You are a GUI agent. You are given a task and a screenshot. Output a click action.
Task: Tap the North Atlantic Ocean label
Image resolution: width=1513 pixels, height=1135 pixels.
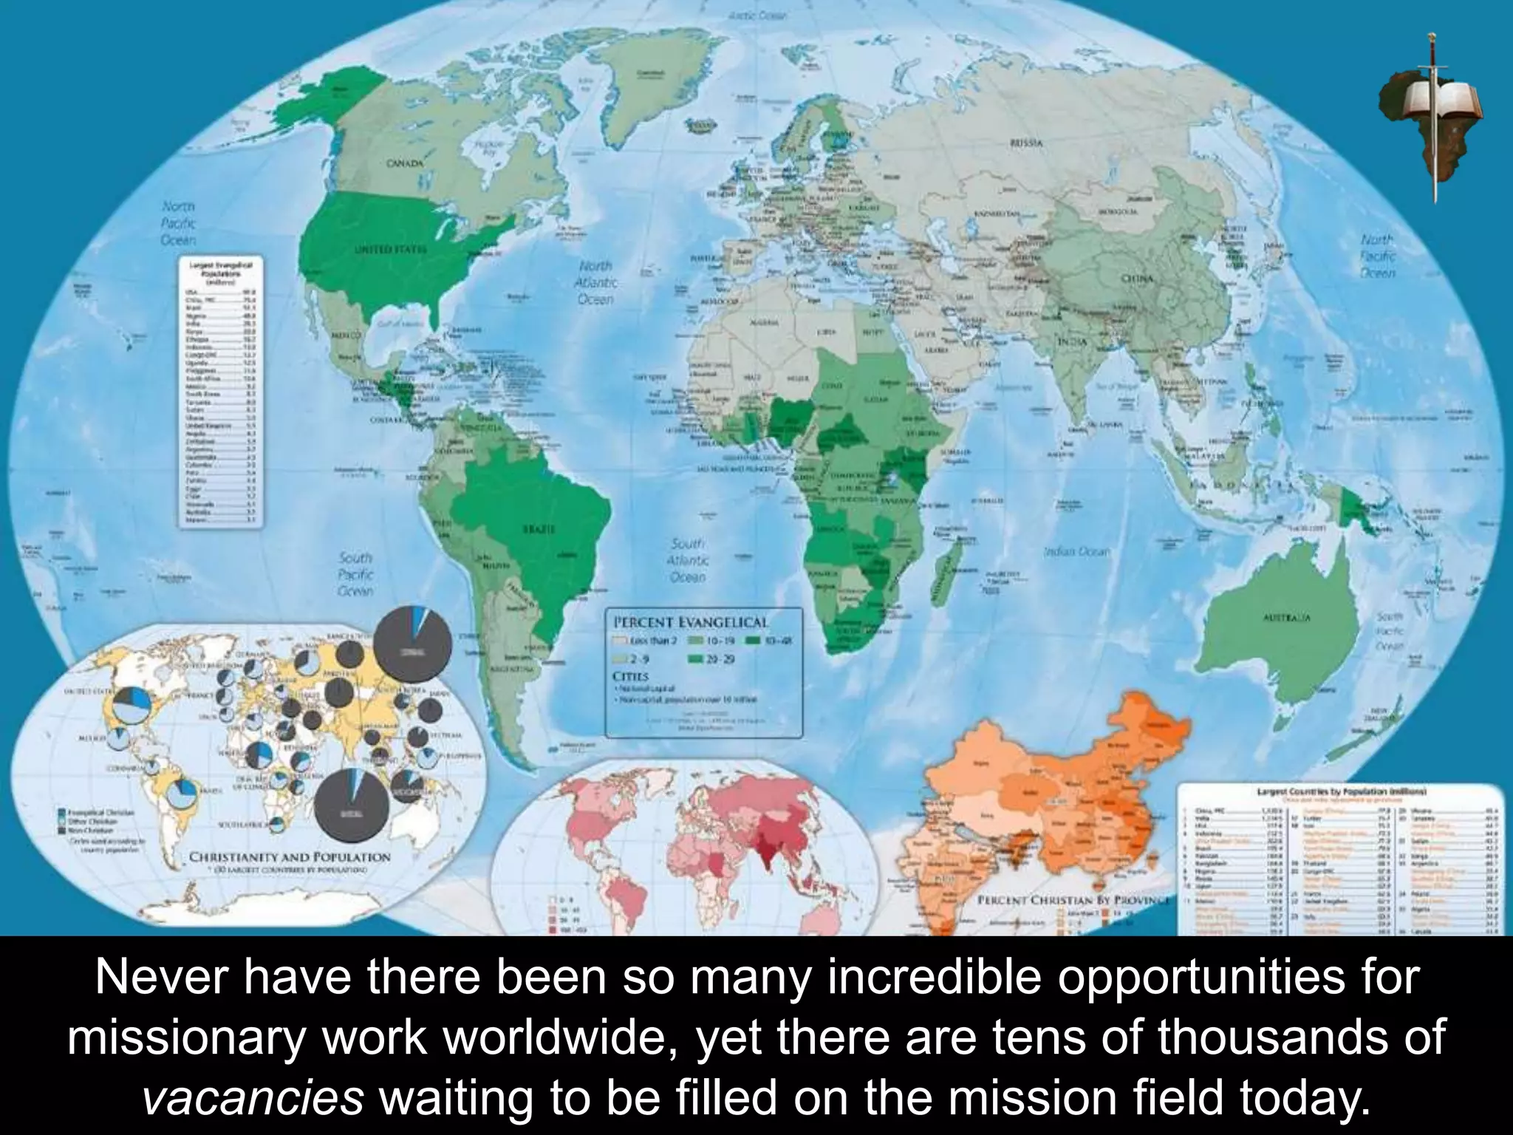point(595,282)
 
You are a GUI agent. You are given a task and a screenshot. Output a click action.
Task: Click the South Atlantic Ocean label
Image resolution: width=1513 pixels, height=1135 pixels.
point(688,562)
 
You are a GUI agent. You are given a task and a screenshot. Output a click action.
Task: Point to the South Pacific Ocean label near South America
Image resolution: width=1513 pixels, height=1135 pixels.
point(355,574)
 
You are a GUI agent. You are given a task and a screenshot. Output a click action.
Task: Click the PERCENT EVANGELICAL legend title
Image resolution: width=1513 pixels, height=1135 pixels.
point(688,623)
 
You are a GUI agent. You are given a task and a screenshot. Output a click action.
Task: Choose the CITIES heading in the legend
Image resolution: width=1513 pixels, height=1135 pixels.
point(630,676)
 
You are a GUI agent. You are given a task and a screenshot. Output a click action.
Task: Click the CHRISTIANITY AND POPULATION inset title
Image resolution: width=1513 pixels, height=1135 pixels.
point(290,857)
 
